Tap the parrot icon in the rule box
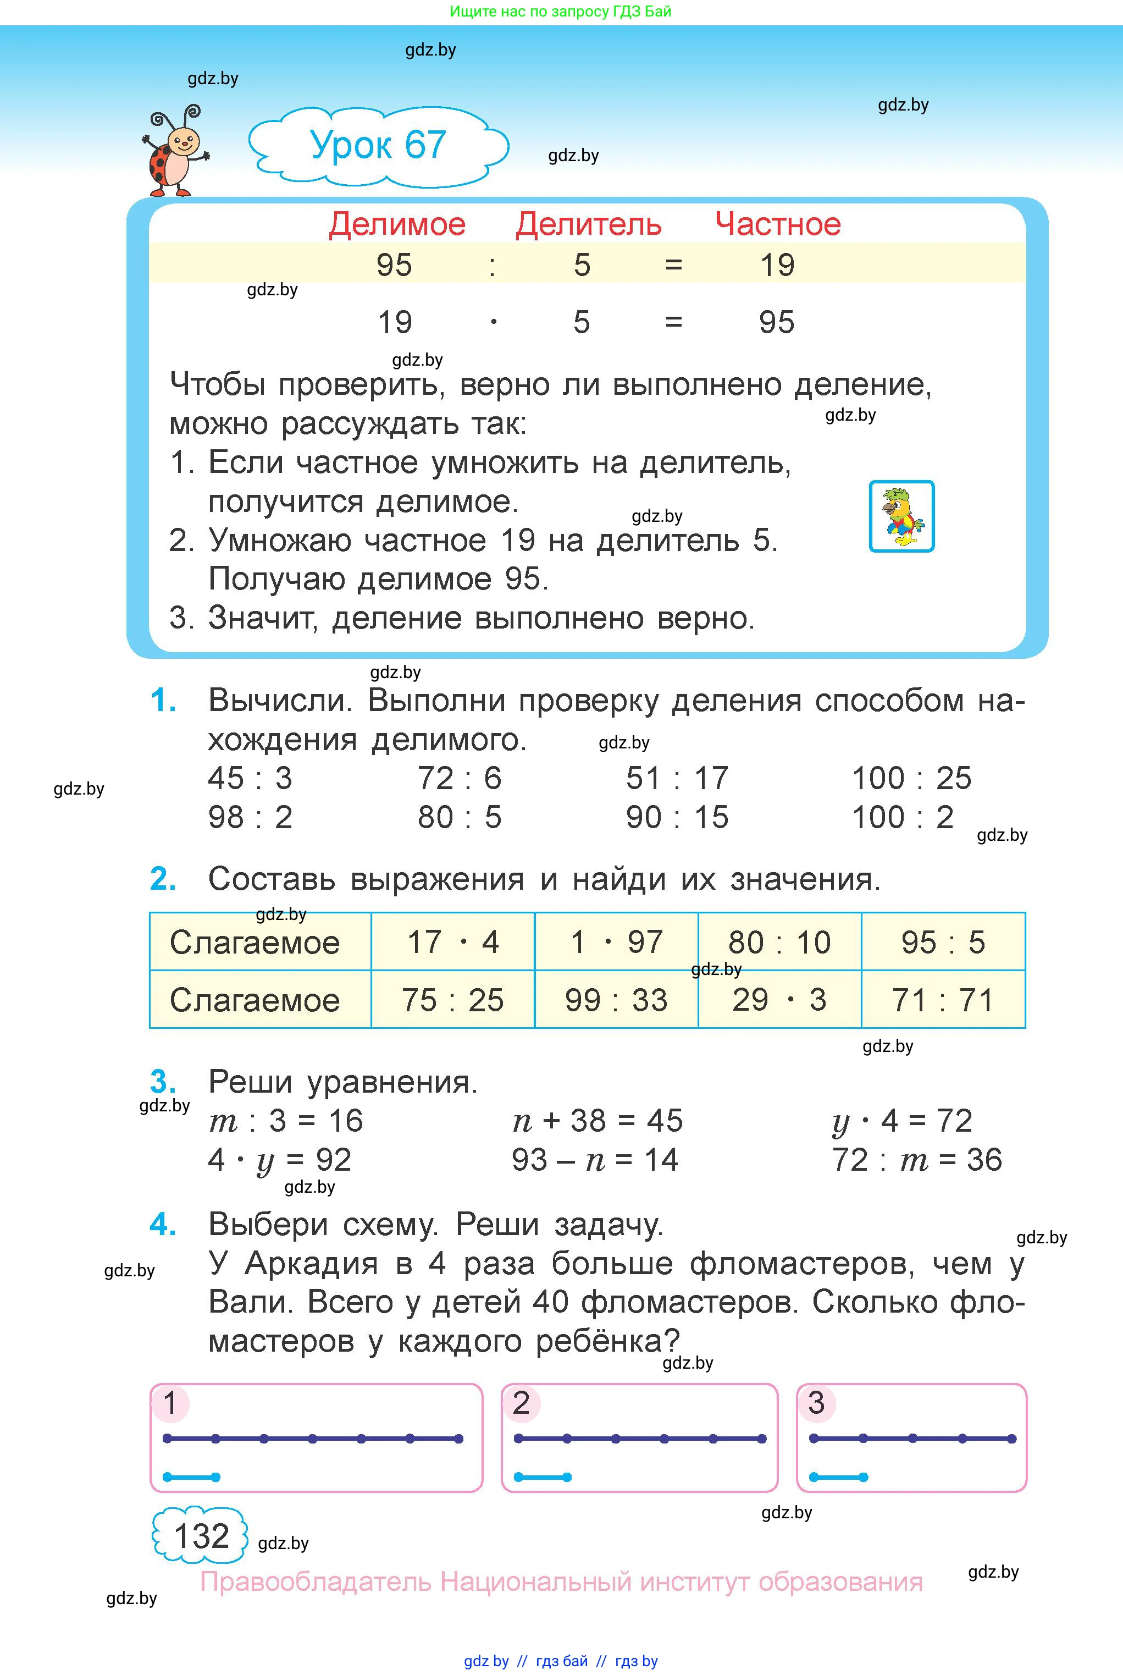tap(901, 516)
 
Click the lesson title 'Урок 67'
tap(378, 145)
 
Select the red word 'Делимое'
tap(397, 225)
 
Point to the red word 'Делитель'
tap(588, 225)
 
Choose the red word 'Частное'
tap(778, 225)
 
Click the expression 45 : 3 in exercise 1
tap(250, 779)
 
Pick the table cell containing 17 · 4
tap(452, 942)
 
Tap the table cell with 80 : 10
tap(779, 942)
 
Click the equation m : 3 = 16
tap(286, 1121)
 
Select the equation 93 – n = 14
tap(594, 1160)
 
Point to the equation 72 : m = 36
tap(917, 1160)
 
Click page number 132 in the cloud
tap(201, 1536)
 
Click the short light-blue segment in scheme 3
tap(838, 1477)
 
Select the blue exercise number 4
tap(163, 1225)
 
